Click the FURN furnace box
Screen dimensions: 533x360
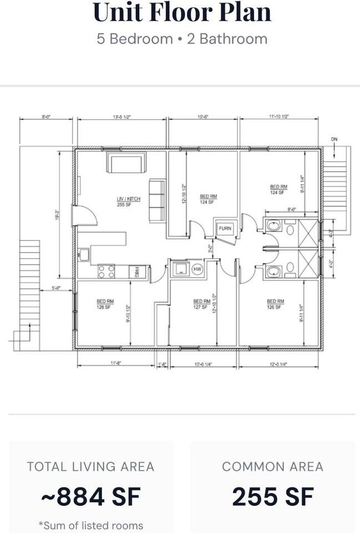pos(225,228)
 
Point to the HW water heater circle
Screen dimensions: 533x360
pos(197,269)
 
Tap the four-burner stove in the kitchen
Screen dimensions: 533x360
pos(107,271)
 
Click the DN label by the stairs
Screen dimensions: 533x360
pos(334,139)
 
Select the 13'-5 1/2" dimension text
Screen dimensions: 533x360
pos(121,117)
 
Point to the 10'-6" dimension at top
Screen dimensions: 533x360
pos(203,117)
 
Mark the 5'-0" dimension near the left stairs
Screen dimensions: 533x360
pos(56,288)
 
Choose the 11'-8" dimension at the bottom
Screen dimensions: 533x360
pos(115,363)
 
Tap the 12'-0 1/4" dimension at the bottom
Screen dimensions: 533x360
pos(278,364)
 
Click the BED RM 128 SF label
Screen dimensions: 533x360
pos(104,304)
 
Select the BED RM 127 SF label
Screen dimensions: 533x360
pos(201,304)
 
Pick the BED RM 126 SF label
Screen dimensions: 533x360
pos(276,304)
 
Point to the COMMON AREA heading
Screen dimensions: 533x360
pos(272,467)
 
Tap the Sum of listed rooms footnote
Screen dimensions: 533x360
pos(90,525)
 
